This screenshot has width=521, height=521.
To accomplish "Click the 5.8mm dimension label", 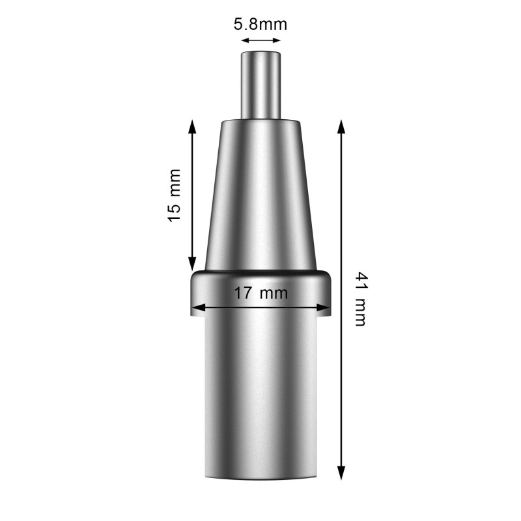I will click(x=260, y=25).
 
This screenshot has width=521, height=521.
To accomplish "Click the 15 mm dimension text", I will click(x=174, y=195).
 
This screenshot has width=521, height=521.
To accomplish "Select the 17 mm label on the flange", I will click(x=260, y=292).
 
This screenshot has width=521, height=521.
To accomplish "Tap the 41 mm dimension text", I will click(x=359, y=299).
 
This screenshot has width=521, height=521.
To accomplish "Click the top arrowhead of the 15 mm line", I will click(x=192, y=125).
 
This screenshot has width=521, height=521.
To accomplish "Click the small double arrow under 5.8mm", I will click(x=260, y=40).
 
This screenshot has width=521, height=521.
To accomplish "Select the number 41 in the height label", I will click(x=359, y=281).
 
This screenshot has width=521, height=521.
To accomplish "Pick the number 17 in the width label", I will click(x=244, y=292).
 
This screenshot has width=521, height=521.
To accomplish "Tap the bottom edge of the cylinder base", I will click(x=260, y=479).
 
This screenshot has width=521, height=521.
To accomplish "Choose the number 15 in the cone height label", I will click(x=174, y=213).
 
